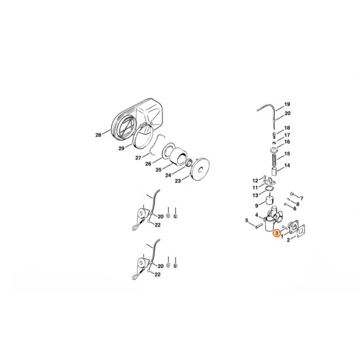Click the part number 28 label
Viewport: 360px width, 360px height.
click(x=98, y=135)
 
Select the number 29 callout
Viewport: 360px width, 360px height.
click(x=120, y=149)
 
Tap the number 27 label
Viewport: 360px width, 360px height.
click(x=138, y=157)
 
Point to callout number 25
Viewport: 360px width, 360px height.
click(x=158, y=170)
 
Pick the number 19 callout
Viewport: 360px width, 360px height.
click(x=287, y=105)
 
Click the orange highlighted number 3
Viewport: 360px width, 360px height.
click(x=277, y=232)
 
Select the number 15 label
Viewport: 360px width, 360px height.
click(x=287, y=155)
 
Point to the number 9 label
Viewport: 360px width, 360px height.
click(x=257, y=205)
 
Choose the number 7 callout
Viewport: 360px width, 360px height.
click(x=302, y=198)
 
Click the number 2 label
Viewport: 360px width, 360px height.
click(x=289, y=242)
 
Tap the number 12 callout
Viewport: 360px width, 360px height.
click(x=256, y=180)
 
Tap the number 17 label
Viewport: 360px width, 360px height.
click(x=287, y=135)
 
